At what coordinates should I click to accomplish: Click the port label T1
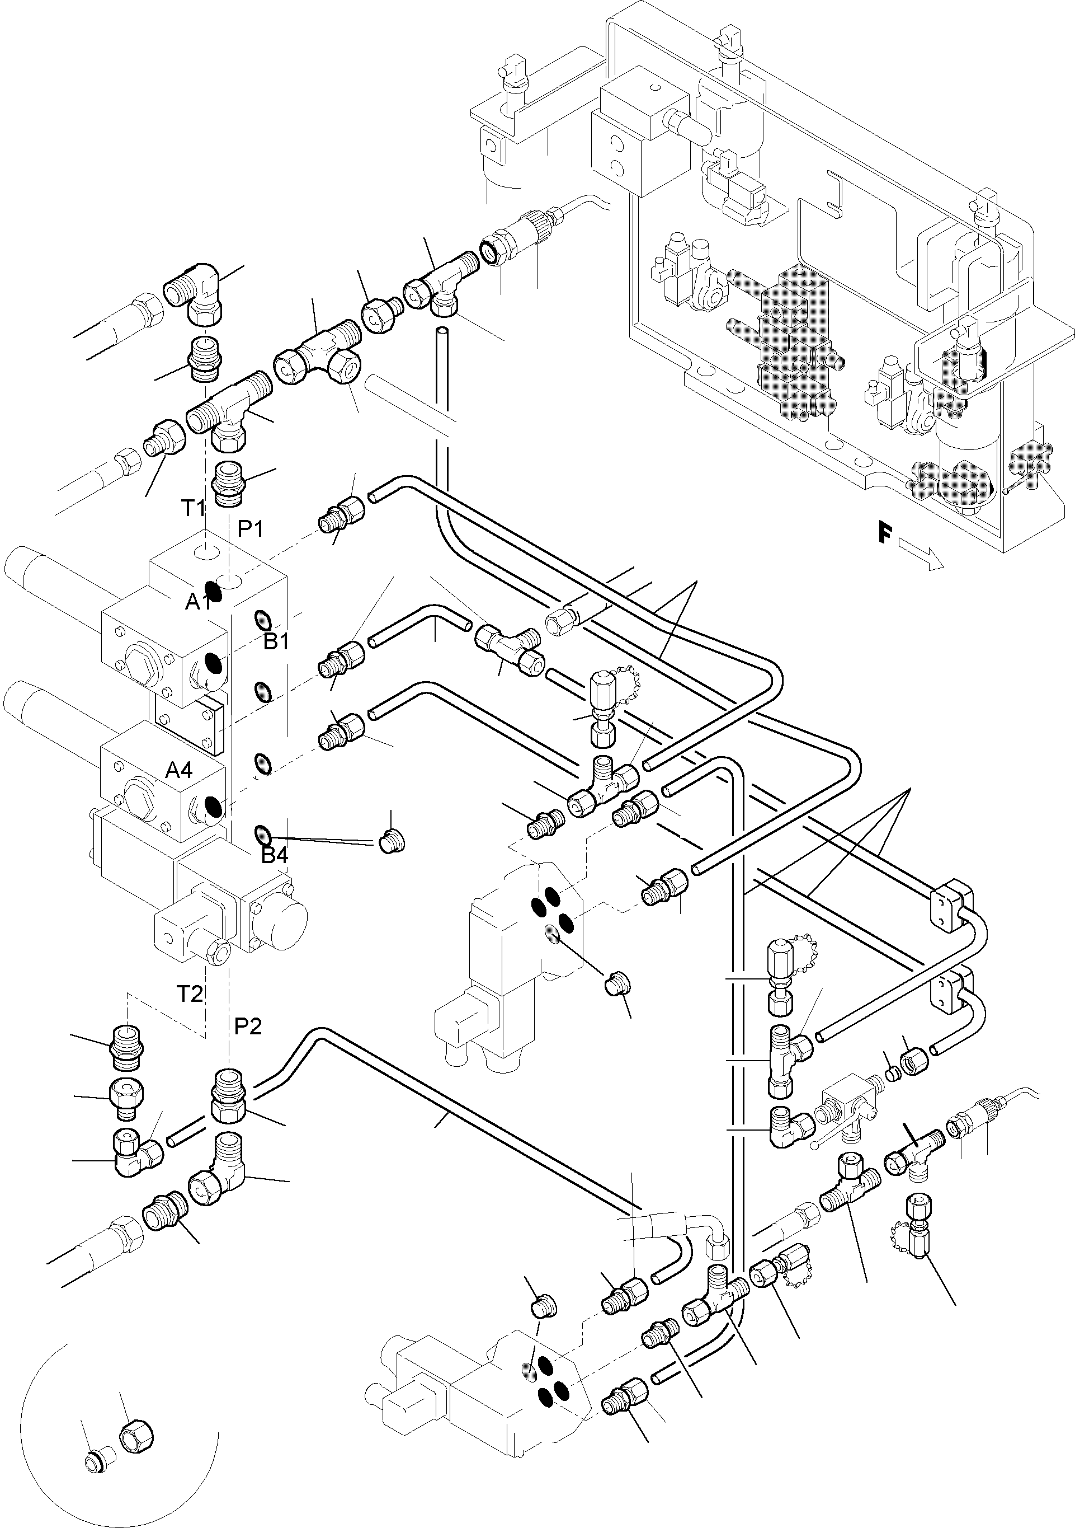click(x=194, y=508)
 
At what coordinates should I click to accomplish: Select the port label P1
click(x=251, y=528)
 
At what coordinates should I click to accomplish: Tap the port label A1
click(x=197, y=602)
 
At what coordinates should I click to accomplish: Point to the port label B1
click(x=275, y=641)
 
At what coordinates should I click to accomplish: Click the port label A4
click(x=178, y=770)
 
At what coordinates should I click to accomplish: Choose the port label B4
click(x=274, y=856)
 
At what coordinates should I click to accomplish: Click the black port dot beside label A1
click(x=214, y=590)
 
